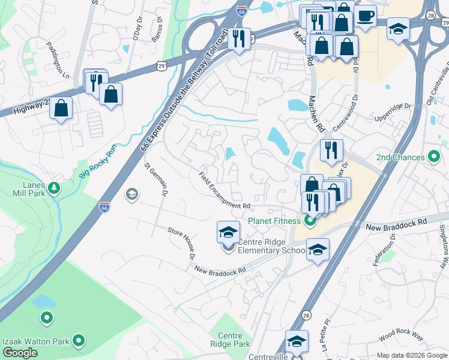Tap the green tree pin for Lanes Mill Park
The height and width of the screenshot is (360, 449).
[54, 188]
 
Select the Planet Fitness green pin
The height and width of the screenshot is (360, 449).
[310, 221]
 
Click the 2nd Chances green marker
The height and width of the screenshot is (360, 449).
[435, 157]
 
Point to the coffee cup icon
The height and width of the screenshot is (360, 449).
[365, 16]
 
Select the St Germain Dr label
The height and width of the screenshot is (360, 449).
[155, 178]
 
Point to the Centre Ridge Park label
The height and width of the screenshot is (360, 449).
[229, 340]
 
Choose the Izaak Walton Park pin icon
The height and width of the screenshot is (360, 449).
[78, 341]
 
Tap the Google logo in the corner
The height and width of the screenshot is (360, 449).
[20, 353]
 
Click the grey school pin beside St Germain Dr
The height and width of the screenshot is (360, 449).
[131, 194]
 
